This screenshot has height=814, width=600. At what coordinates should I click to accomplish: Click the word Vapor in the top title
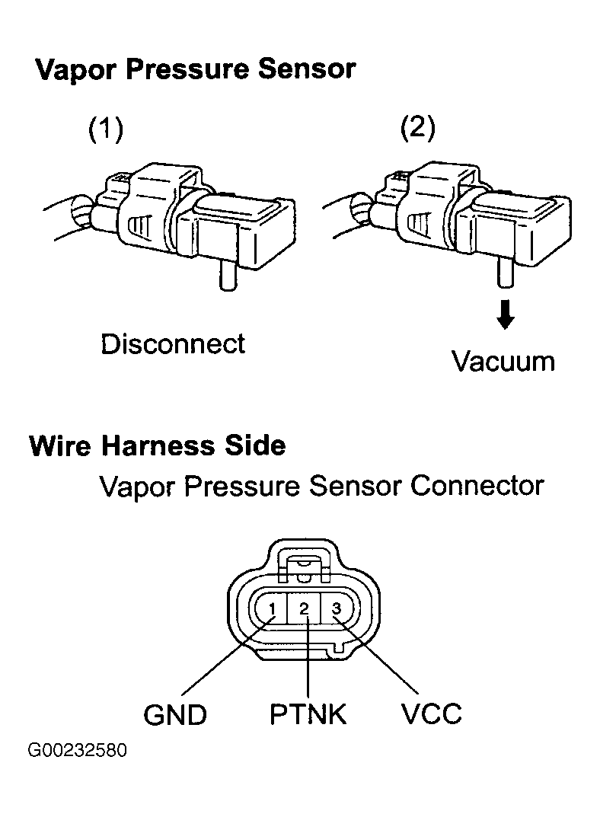[77, 70]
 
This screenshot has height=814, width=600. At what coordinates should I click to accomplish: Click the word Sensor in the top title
[306, 69]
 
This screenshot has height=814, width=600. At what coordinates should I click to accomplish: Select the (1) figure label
[106, 129]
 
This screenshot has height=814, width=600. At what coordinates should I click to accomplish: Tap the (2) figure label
[418, 127]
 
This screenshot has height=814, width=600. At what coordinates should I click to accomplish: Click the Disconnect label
[173, 343]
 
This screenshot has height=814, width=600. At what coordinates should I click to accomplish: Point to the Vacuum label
[503, 362]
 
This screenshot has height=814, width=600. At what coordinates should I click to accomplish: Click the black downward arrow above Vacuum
[505, 314]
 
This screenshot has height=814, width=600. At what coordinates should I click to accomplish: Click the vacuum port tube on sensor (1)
[228, 275]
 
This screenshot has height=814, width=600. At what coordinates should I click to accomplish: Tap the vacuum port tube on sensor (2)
[505, 273]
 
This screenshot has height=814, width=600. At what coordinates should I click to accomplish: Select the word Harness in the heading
[158, 445]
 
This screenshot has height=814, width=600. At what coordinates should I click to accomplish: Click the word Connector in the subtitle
[477, 486]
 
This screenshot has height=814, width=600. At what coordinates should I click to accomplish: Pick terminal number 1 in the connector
[273, 608]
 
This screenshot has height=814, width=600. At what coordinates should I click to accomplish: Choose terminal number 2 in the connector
[305, 608]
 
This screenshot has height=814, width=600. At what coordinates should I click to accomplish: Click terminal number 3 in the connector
[337, 608]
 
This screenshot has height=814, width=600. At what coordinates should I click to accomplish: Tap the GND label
[175, 715]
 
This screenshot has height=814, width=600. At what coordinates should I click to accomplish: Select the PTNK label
[308, 714]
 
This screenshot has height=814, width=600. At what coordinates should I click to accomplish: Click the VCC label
[431, 714]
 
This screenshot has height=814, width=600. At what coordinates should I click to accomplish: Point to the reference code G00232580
[78, 751]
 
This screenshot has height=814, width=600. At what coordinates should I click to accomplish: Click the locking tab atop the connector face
[305, 565]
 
